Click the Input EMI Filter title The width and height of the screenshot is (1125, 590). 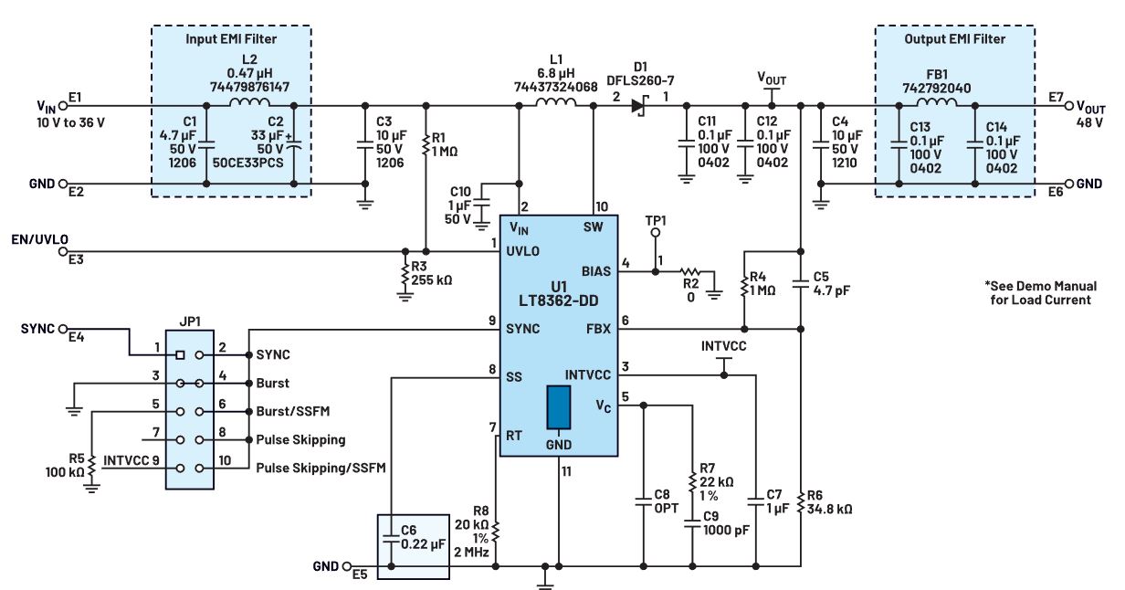click(x=230, y=38)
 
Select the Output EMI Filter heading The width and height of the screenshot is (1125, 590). click(x=955, y=38)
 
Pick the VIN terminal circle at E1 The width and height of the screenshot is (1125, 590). click(x=63, y=106)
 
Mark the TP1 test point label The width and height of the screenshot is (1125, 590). click(x=655, y=221)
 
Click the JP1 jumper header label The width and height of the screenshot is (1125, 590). click(x=192, y=321)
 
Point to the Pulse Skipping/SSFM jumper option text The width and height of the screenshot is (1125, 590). click(x=321, y=469)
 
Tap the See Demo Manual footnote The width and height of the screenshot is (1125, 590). click(x=1036, y=292)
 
